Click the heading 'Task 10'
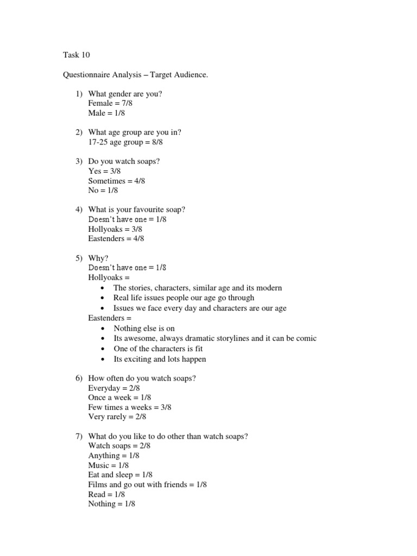pyautogui.click(x=77, y=55)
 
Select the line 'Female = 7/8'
pyautogui.click(x=110, y=104)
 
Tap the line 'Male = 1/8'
pyautogui.click(x=106, y=113)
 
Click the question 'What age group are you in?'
pyautogui.click(x=135, y=132)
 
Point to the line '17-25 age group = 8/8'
pyautogui.click(x=125, y=142)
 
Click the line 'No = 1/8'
pyautogui.click(x=103, y=191)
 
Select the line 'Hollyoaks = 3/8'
pyautogui.click(x=115, y=229)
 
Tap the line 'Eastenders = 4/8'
pyautogui.click(x=116, y=238)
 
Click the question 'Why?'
pyautogui.click(x=99, y=258)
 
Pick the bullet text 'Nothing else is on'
pyautogui.click(x=144, y=328)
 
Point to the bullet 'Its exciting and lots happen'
pyautogui.click(x=160, y=359)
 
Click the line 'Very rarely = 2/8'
pyautogui.click(x=117, y=417)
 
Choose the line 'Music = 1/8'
pyautogui.click(x=109, y=465)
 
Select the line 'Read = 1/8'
pyautogui.click(x=107, y=494)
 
